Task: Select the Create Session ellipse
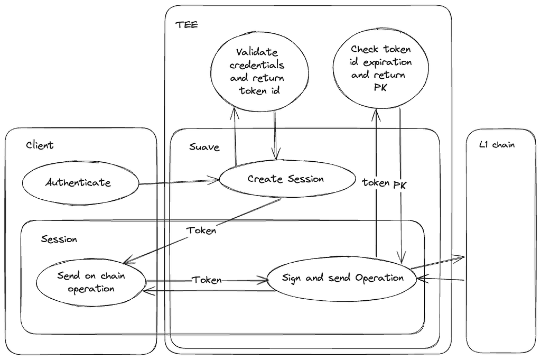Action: (286, 179)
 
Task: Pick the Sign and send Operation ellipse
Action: (342, 278)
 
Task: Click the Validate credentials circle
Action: (259, 71)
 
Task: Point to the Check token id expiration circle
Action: (380, 69)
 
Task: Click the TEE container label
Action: (186, 24)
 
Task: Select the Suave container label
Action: (204, 147)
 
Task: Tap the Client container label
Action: (40, 145)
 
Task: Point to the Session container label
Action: (59, 239)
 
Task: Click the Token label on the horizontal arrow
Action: (206, 280)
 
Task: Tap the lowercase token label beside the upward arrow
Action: (376, 182)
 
